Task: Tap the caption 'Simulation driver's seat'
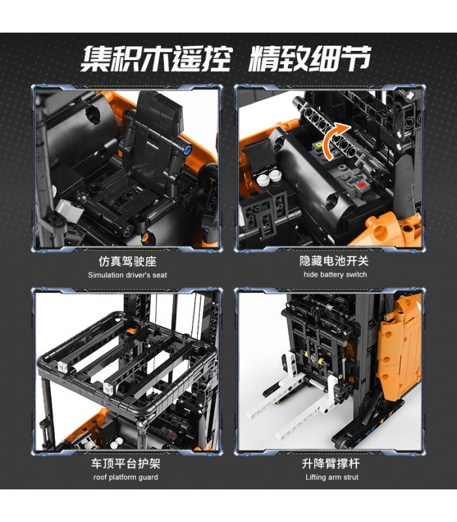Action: (127, 275)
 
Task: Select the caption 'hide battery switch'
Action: (335, 275)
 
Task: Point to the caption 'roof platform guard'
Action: (125, 477)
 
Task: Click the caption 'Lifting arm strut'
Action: (332, 477)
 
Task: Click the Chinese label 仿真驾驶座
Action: (127, 262)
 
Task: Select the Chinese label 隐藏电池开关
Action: (334, 261)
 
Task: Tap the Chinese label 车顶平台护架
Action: (125, 463)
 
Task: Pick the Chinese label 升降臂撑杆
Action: (331, 463)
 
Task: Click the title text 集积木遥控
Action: (156, 59)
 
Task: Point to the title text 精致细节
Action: (309, 59)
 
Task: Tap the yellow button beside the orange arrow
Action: (319, 145)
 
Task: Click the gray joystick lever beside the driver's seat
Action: (71, 209)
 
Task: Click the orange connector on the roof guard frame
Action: (131, 331)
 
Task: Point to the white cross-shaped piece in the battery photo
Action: (410, 94)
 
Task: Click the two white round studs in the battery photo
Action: (269, 177)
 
